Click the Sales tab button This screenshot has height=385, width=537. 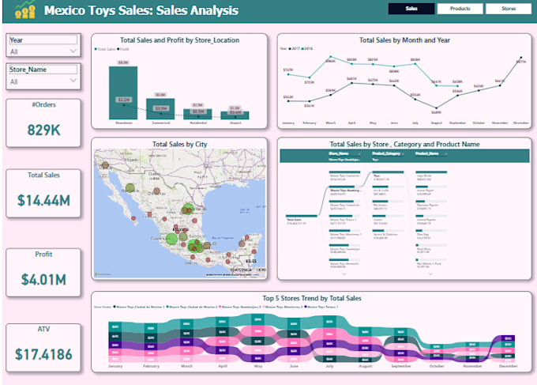pos(411,9)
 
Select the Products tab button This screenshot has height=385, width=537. pos(460,9)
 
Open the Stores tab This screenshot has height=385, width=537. pos(508,9)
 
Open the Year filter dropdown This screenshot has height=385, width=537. pos(43,51)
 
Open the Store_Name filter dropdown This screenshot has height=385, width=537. pos(43,81)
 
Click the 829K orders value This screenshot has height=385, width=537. pos(43,128)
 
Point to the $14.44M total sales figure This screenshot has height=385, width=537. pos(43,201)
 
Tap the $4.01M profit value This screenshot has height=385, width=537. pos(43,279)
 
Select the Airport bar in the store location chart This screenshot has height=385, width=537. pos(235,115)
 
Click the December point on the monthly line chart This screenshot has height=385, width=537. pos(520,60)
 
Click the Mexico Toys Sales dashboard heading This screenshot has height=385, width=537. pos(141,11)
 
